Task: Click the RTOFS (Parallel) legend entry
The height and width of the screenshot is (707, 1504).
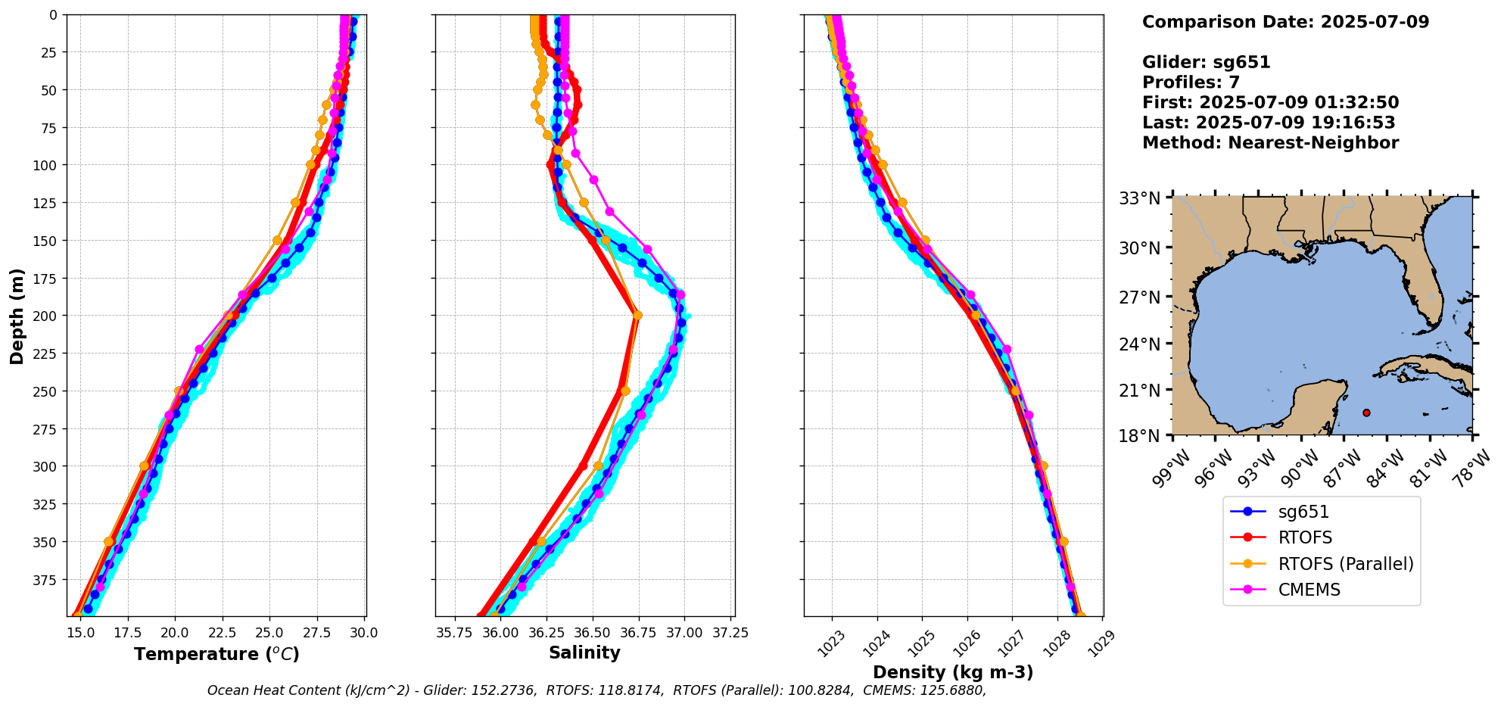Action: pos(1345,564)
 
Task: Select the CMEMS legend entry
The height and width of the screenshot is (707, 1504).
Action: pos(1309,590)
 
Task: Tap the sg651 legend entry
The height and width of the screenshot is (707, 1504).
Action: pos(1303,512)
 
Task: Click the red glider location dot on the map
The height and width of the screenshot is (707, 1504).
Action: pos(1366,413)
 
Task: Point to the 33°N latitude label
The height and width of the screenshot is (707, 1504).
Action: pos(1139,199)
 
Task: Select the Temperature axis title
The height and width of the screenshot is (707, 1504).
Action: pos(216,655)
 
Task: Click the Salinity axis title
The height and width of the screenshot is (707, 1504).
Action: pos(584,653)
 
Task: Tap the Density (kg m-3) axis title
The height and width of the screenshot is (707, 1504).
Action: pos(953,672)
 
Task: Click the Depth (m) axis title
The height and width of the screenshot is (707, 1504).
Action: pos(17,316)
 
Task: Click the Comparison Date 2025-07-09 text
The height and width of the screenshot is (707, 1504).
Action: pos(1285,22)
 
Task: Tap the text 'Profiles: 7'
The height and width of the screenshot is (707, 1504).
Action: pos(1191,83)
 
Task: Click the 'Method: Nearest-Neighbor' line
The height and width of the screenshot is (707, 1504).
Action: pos(1270,143)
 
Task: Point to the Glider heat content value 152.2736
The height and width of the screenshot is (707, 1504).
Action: pos(504,690)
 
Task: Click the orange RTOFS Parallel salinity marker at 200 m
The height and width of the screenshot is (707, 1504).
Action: pos(637,316)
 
